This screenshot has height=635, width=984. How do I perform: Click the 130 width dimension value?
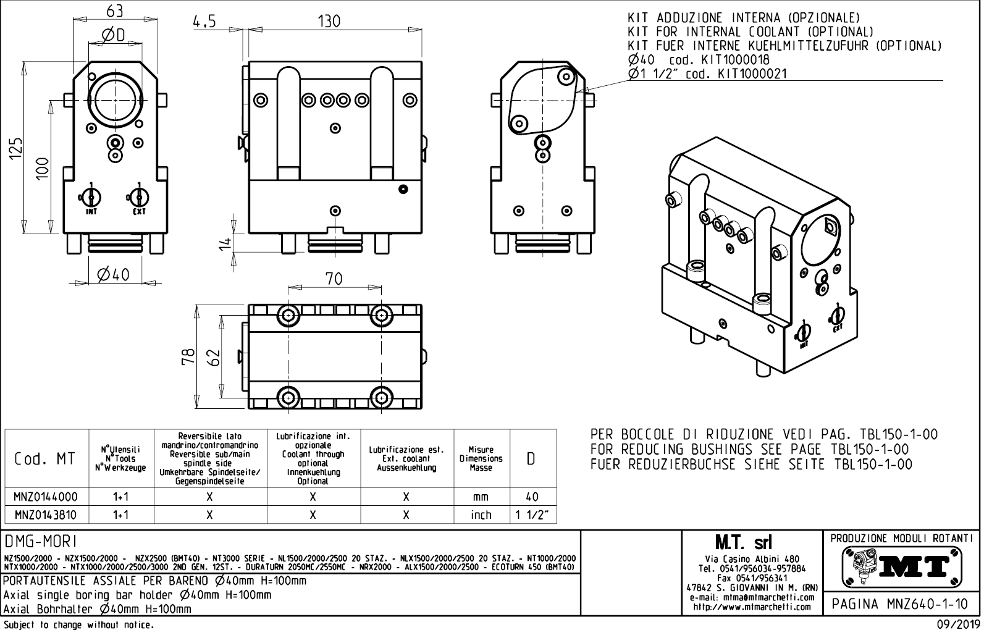(329, 22)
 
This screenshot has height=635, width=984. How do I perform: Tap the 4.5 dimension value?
(204, 22)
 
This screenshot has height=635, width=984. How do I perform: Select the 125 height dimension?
(17, 148)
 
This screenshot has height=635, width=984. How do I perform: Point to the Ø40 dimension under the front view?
(114, 274)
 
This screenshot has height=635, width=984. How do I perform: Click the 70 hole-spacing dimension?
(334, 279)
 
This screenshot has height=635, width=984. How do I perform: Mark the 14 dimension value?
(226, 243)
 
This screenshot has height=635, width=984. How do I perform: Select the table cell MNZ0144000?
(46, 497)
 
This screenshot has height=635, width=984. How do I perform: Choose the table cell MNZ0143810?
(46, 515)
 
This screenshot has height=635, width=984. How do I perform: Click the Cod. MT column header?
(46, 459)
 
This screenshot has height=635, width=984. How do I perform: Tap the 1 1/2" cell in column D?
(532, 515)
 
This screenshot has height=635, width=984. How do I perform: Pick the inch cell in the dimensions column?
(481, 515)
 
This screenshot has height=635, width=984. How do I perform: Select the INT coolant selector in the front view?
(90, 198)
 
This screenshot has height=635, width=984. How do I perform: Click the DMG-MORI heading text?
(41, 542)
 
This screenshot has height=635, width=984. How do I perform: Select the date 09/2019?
(959, 626)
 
